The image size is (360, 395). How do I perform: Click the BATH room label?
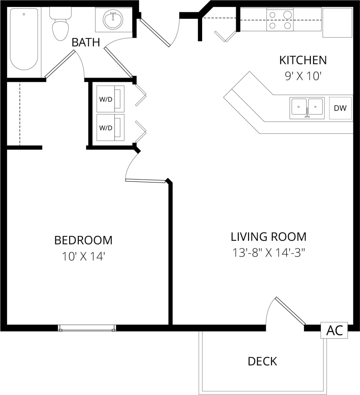tap(86, 43)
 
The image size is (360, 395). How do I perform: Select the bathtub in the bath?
tap(24, 39)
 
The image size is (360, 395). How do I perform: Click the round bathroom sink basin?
tap(113, 20)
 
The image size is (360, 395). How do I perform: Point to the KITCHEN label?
tap(303, 60)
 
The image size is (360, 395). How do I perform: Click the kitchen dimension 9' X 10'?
tap(303, 76)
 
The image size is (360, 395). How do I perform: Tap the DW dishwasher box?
tap(340, 108)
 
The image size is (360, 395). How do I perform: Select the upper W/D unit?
tap(110, 99)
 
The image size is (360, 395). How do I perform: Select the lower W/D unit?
tap(110, 128)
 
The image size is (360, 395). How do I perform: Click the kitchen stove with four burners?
tap(280, 20)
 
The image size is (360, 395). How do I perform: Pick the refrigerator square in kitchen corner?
tap(337, 23)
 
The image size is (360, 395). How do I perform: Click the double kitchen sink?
tap(307, 108)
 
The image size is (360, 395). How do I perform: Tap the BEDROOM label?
tap(83, 240)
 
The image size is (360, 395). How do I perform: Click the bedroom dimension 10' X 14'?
tap(83, 256)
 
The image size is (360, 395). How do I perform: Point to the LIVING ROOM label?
tap(269, 237)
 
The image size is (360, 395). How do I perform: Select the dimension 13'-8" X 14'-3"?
tap(269, 253)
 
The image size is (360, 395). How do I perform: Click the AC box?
tap(334, 330)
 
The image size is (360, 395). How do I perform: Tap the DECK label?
tap(262, 361)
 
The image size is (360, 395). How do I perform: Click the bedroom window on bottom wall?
tap(87, 328)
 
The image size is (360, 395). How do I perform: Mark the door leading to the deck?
tap(290, 311)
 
